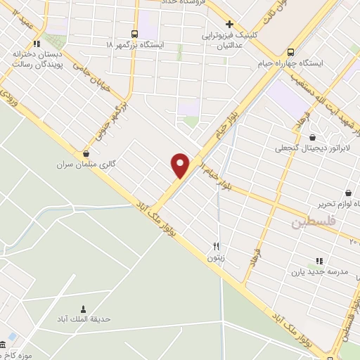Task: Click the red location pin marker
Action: pos(181,165)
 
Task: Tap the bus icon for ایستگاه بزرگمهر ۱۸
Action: pos(134,34)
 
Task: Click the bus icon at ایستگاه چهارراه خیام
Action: pos(290,51)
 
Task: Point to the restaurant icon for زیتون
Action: pos(217,247)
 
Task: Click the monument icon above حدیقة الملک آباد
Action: pos(83,309)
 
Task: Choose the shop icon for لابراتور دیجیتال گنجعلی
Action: pos(312,138)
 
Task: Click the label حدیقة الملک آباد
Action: pos(82,320)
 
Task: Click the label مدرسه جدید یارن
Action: pos(319,271)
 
